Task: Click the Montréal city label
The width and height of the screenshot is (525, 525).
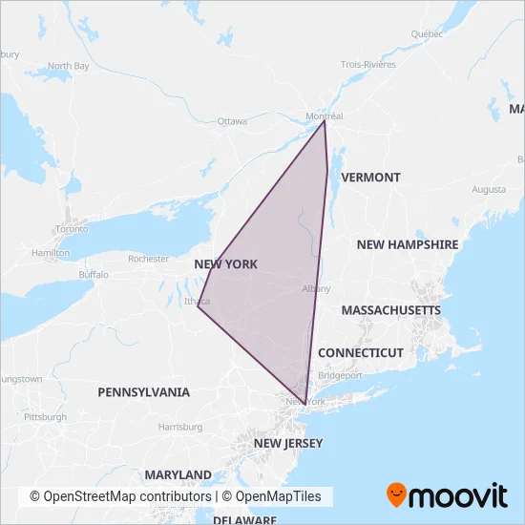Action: click(x=324, y=116)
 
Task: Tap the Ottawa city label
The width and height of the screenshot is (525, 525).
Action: click(x=232, y=121)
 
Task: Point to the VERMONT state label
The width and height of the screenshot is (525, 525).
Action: click(x=370, y=178)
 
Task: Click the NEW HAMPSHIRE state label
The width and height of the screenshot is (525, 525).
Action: click(x=408, y=244)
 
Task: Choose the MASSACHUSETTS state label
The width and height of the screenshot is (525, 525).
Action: click(x=390, y=310)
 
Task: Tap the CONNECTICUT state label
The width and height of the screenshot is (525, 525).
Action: click(x=361, y=352)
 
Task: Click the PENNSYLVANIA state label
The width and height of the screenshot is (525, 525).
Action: click(x=143, y=391)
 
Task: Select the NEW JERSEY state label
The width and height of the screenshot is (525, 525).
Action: click(x=288, y=443)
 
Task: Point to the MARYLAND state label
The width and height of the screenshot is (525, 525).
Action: click(x=178, y=474)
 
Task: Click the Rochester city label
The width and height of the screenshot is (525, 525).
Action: click(x=148, y=259)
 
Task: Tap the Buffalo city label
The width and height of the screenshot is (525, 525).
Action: click(x=94, y=274)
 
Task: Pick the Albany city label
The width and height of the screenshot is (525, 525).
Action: click(x=316, y=288)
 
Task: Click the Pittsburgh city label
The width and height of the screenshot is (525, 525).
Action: click(x=46, y=417)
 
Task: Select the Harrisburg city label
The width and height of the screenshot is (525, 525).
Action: click(x=181, y=426)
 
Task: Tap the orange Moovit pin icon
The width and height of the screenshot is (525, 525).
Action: click(x=396, y=495)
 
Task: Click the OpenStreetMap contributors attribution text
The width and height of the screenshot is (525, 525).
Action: click(x=119, y=497)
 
